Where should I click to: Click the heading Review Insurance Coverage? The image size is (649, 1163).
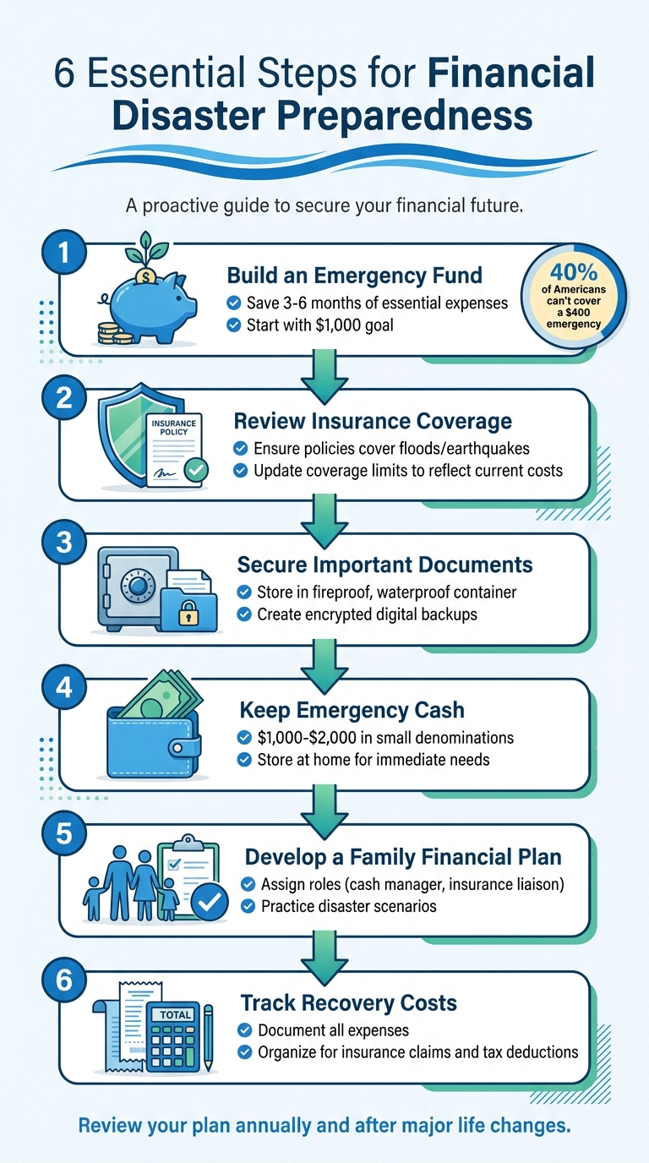click(x=372, y=420)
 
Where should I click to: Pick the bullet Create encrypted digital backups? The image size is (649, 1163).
click(x=367, y=614)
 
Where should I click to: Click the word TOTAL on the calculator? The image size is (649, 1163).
click(x=174, y=1014)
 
